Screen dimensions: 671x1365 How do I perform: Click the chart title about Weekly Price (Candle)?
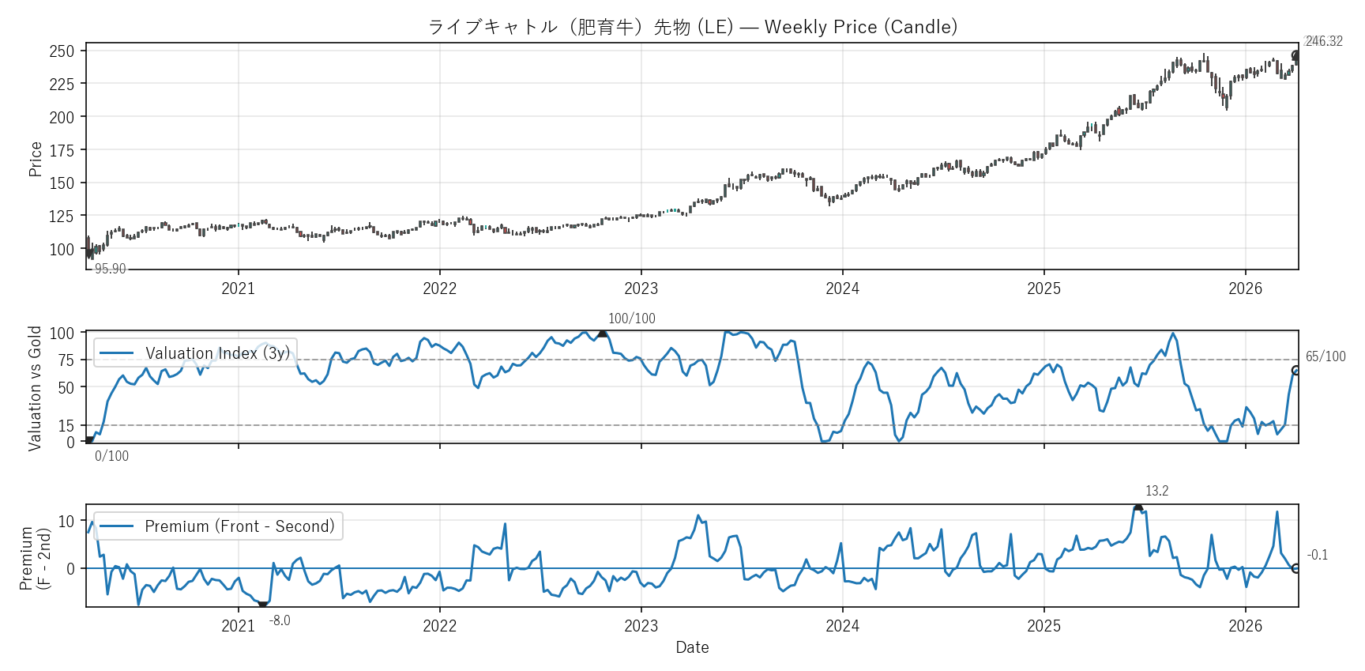692,27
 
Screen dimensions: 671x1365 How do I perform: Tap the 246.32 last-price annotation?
1323,41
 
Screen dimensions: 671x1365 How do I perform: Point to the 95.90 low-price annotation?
110,269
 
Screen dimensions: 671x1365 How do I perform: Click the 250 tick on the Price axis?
62,51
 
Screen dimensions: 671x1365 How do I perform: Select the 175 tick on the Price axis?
62,150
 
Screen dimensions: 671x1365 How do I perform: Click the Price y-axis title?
35,159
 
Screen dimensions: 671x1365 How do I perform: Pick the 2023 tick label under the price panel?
641,288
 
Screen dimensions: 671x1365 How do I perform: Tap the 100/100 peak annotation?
631,319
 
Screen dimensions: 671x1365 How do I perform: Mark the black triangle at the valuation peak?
603,334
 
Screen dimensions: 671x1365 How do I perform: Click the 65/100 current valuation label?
1325,356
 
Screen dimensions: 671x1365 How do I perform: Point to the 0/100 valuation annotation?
111,456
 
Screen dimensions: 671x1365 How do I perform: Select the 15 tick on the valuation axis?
66,426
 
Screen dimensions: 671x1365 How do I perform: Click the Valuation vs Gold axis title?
35,388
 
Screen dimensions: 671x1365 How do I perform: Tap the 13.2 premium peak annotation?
1156,491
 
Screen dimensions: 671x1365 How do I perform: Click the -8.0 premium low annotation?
280,620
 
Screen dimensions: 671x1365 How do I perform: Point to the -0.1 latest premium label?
1317,555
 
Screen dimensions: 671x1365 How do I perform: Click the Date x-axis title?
692,647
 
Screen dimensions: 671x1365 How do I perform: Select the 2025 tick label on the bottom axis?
1043,626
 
